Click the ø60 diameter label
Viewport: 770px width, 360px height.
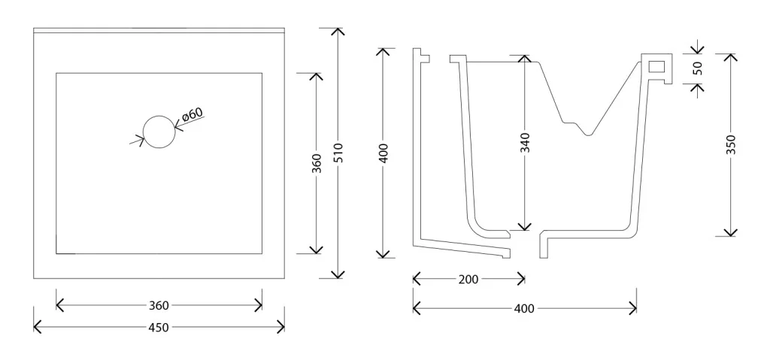point(192,114)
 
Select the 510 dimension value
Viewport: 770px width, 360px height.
point(338,153)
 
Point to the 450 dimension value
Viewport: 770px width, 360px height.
point(159,327)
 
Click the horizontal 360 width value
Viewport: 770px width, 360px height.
point(159,305)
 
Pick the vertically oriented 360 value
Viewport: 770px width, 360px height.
point(317,163)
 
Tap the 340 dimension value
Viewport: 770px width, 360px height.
point(525,143)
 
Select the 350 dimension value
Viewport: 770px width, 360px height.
point(731,145)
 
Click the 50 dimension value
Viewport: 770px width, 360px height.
point(698,68)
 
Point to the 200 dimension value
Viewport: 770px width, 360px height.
point(468,280)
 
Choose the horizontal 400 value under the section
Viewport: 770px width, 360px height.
point(524,308)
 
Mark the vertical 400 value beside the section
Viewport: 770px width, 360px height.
point(383,153)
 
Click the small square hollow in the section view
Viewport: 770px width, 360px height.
point(656,66)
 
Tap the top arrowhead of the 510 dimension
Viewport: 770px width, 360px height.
point(338,32)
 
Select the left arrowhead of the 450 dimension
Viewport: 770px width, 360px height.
point(37,327)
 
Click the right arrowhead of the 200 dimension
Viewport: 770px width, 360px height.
point(522,280)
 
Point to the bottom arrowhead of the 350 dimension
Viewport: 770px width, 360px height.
point(731,232)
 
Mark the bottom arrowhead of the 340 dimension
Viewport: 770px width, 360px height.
point(525,226)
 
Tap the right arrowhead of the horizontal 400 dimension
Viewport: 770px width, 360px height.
point(633,308)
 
